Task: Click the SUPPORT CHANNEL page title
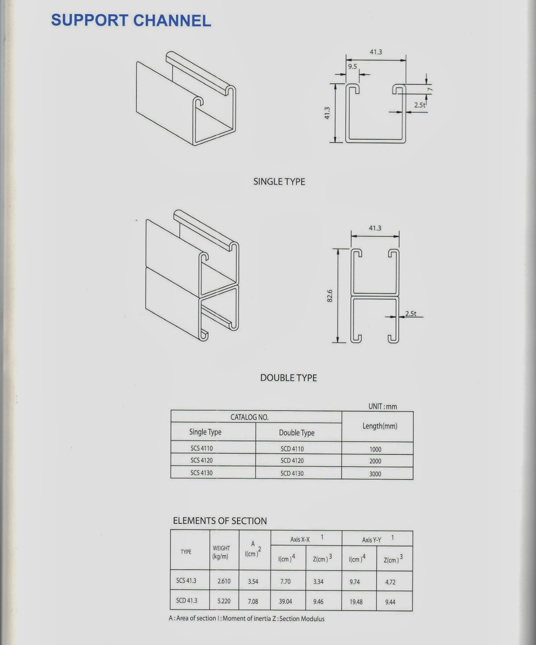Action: pos(131,21)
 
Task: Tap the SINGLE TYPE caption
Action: pos(279,182)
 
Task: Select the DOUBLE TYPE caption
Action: pos(289,378)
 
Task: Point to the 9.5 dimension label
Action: pos(353,67)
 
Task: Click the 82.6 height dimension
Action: pos(330,295)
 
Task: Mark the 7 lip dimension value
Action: pos(430,89)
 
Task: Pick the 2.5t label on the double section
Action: pos(411,313)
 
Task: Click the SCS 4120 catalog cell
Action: pos(202,460)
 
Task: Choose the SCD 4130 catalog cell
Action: pos(292,473)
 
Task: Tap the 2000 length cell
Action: pos(375,461)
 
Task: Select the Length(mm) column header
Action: pos(380,426)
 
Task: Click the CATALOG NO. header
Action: pos(249,417)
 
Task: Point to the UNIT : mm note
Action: pos(382,406)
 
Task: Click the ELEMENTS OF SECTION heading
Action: pos(220,521)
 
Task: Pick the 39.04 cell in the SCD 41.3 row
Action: pos(285,601)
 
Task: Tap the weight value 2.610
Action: pos(224,581)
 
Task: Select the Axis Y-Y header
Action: pos(372,540)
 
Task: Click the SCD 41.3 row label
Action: pos(187,601)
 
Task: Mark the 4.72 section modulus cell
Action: pos(390,582)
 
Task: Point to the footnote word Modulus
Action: pos(313,619)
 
